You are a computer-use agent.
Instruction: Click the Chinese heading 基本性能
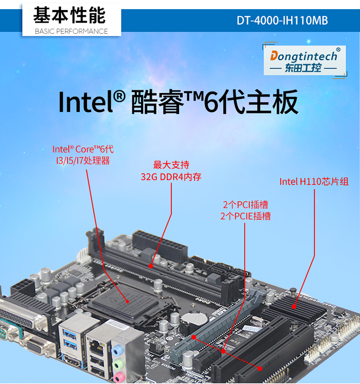tap(70, 15)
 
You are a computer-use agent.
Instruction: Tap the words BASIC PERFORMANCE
tap(71, 31)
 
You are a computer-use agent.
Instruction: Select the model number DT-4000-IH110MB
tap(282, 20)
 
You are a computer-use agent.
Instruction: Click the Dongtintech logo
tap(305, 60)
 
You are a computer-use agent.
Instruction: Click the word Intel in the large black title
tap(86, 102)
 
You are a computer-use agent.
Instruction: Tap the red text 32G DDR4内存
tap(171, 177)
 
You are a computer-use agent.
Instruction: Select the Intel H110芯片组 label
tap(314, 182)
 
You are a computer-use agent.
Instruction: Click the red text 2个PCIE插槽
tap(245, 216)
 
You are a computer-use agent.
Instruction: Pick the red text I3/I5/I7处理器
tap(83, 161)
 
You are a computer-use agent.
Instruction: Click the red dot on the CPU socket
tap(127, 301)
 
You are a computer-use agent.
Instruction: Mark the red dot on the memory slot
tap(151, 266)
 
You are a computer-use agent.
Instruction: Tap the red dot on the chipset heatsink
tap(294, 306)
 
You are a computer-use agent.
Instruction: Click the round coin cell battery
tap(195, 318)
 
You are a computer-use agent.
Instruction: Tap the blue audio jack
tap(117, 350)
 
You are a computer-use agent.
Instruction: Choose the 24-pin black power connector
tap(160, 245)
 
